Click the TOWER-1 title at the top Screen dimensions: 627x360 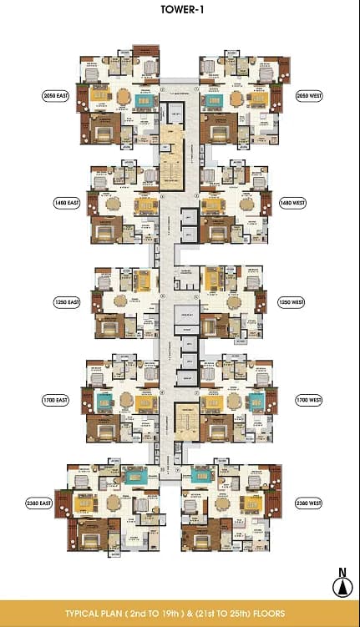[180, 13]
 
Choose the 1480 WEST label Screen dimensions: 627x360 [289, 203]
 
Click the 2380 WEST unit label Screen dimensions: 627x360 [308, 503]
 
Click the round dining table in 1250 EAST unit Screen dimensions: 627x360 [121, 301]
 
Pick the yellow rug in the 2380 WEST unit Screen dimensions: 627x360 [251, 504]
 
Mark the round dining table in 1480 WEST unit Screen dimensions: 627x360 [246, 203]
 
